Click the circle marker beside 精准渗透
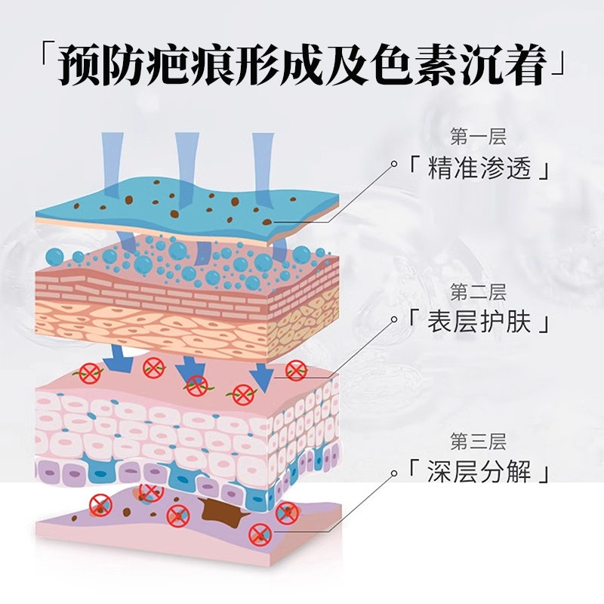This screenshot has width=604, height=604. (x=393, y=163)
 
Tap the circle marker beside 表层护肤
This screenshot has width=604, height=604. (x=393, y=320)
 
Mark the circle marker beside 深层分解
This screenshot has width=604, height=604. (x=393, y=473)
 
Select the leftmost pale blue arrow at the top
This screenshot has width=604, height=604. (x=111, y=162)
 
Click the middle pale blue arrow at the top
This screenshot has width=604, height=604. (x=186, y=162)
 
